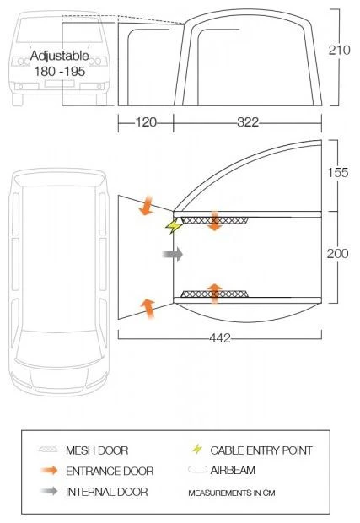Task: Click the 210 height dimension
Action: tap(339, 50)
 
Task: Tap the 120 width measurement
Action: tap(146, 122)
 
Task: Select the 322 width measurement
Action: tap(248, 122)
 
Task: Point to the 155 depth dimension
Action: tap(338, 172)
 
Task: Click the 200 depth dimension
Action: tap(338, 254)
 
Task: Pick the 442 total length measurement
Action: tap(220, 338)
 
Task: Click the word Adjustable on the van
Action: tap(60, 56)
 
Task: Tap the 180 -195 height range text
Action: tap(60, 72)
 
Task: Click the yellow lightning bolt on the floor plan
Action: tap(174, 226)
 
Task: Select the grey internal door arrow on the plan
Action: tap(173, 255)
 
